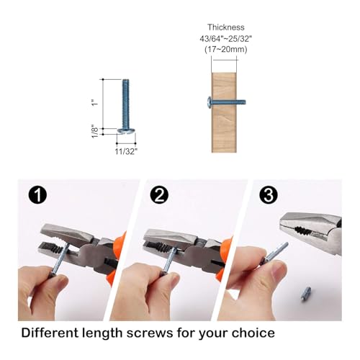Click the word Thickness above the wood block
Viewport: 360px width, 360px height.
(226, 27)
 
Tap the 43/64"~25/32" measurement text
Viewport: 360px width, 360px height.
(226, 39)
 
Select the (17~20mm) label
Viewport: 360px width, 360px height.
(226, 50)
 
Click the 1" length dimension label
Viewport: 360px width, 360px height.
(95, 102)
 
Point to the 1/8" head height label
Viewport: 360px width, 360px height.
(95, 131)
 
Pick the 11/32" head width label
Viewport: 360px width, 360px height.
(126, 151)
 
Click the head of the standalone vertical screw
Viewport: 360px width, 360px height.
(126, 130)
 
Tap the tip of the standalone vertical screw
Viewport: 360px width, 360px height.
(126, 80)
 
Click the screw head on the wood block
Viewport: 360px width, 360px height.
(210, 102)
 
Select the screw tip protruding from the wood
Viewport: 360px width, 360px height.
(245, 102)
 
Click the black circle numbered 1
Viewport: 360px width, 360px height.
(37, 195)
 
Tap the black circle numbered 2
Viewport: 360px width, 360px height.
(159, 195)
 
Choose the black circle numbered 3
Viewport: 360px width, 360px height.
(269, 195)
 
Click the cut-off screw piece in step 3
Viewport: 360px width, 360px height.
(306, 294)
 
